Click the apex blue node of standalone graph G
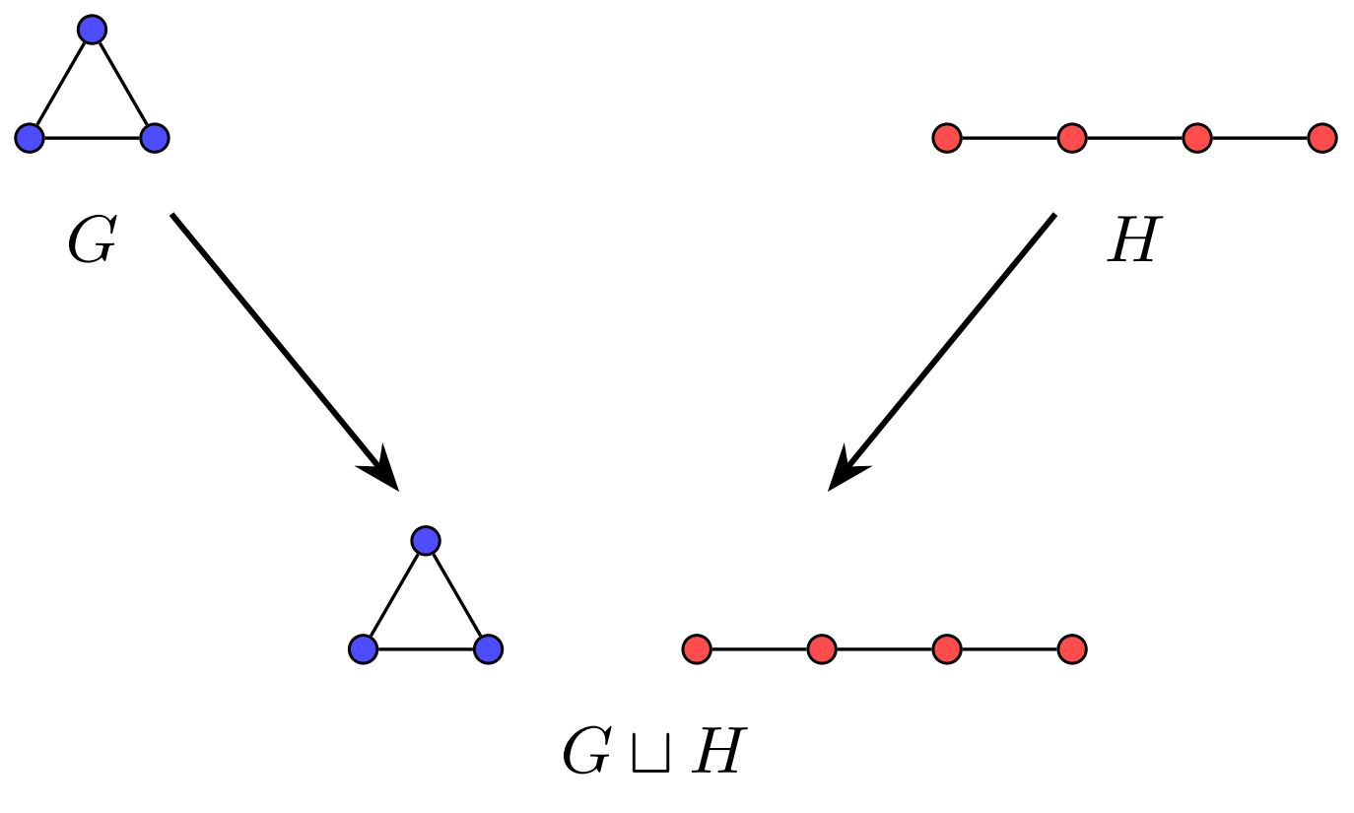92,30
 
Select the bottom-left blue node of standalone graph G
30,138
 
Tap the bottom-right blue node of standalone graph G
155,138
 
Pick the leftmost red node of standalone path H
946,138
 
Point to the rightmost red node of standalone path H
1321,138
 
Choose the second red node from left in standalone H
1071,138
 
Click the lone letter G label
91,240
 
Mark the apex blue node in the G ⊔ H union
425,540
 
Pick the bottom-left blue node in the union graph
363,648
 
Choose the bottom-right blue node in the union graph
488,648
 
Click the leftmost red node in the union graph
697,648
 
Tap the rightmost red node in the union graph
1071,648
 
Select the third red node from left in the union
946,648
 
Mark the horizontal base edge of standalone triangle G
92,138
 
